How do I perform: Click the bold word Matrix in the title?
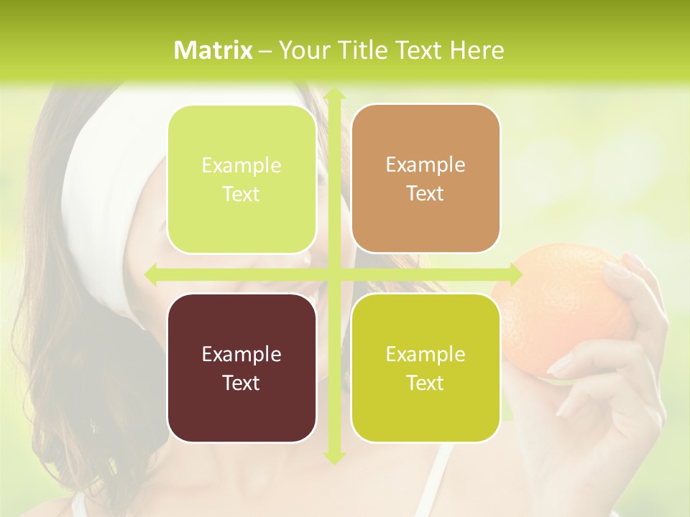point(213,50)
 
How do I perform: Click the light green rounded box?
point(241,180)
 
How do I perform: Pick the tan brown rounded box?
point(425,179)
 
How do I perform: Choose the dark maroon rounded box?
point(241,368)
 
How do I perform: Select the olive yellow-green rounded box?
point(425,368)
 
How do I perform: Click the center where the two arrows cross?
point(333,274)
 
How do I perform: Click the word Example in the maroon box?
point(241,354)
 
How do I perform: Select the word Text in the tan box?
point(425,194)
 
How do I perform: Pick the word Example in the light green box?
point(241,166)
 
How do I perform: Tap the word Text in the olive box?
point(425,383)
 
